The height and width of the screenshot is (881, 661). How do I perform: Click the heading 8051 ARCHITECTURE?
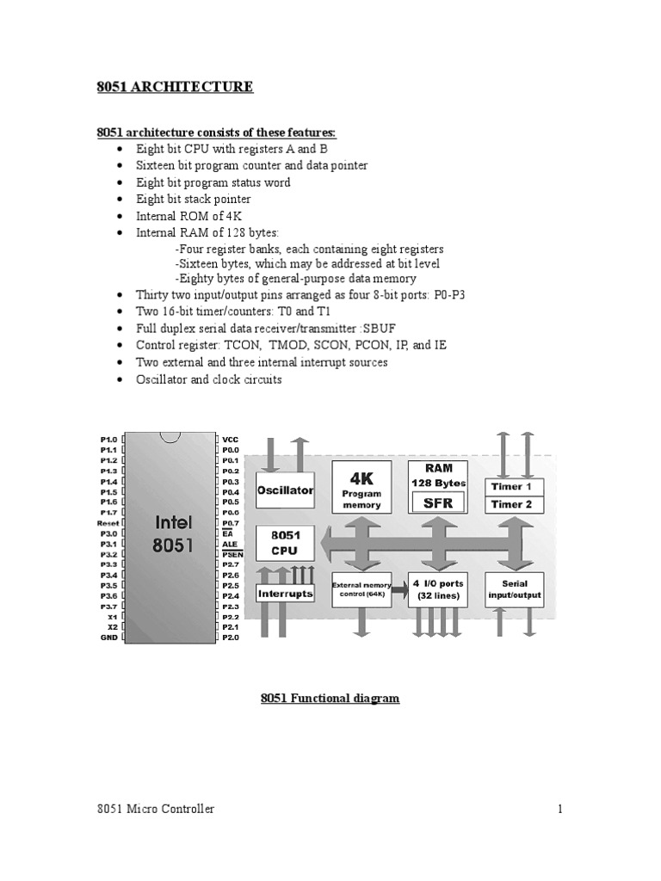(173, 86)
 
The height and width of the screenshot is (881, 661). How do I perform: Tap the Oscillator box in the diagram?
(285, 490)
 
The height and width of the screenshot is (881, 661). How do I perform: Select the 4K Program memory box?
(361, 488)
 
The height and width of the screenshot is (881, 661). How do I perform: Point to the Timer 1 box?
(511, 487)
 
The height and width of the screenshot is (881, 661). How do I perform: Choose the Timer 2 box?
(511, 504)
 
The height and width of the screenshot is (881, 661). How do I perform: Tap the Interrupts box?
(285, 594)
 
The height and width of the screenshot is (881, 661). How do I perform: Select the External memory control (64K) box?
(361, 589)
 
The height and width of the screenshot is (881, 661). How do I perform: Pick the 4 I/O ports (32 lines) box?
(437, 589)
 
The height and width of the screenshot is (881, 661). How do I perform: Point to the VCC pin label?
(230, 439)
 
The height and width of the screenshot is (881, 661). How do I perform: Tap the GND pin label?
(108, 638)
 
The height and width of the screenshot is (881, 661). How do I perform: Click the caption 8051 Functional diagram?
(330, 698)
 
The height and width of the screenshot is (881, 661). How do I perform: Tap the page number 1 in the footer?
(559, 809)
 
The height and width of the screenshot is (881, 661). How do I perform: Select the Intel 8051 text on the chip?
(173, 533)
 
